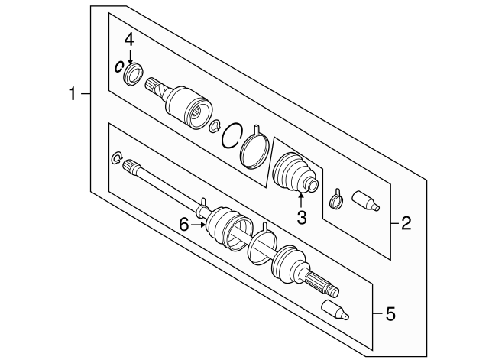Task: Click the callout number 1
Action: pyautogui.click(x=73, y=93)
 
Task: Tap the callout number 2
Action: pyautogui.click(x=406, y=223)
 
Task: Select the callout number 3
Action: pyautogui.click(x=302, y=218)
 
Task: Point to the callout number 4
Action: pyautogui.click(x=129, y=40)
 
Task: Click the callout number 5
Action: pyautogui.click(x=390, y=313)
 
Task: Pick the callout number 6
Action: pyautogui.click(x=184, y=225)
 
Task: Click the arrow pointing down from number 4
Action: pyautogui.click(x=130, y=57)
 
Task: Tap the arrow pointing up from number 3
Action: pyautogui.click(x=301, y=200)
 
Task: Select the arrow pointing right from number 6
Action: pyautogui.click(x=199, y=225)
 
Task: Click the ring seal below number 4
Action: pyautogui.click(x=134, y=73)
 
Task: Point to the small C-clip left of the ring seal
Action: pyautogui.click(x=119, y=66)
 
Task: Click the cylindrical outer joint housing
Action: pyautogui.click(x=189, y=107)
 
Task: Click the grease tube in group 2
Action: pyautogui.click(x=366, y=201)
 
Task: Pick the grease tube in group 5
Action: pyautogui.click(x=335, y=310)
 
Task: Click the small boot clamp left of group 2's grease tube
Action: pyautogui.click(x=336, y=200)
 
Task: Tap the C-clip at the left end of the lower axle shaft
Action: pyautogui.click(x=116, y=158)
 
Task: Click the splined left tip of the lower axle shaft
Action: pyautogui.click(x=130, y=166)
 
